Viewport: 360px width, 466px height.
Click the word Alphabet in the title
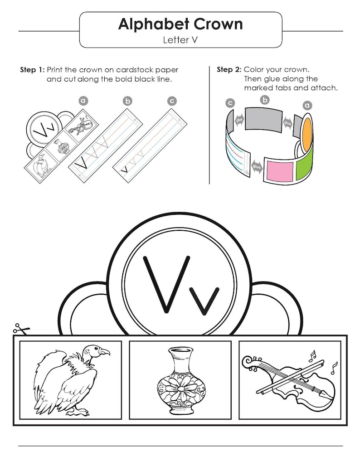coord(153,24)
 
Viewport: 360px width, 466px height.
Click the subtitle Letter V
coord(180,40)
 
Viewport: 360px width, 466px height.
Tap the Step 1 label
coord(32,70)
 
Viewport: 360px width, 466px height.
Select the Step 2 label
coord(229,69)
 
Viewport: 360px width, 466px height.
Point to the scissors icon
coord(21,328)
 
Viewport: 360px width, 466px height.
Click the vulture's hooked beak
coord(105,352)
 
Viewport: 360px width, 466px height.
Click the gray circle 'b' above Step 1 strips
coord(127,101)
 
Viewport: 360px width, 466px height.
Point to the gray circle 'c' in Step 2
coord(230,103)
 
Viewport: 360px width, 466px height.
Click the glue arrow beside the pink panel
coord(257,166)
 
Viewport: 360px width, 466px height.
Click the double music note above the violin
coord(312,355)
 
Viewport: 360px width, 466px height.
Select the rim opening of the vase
coord(180,350)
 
